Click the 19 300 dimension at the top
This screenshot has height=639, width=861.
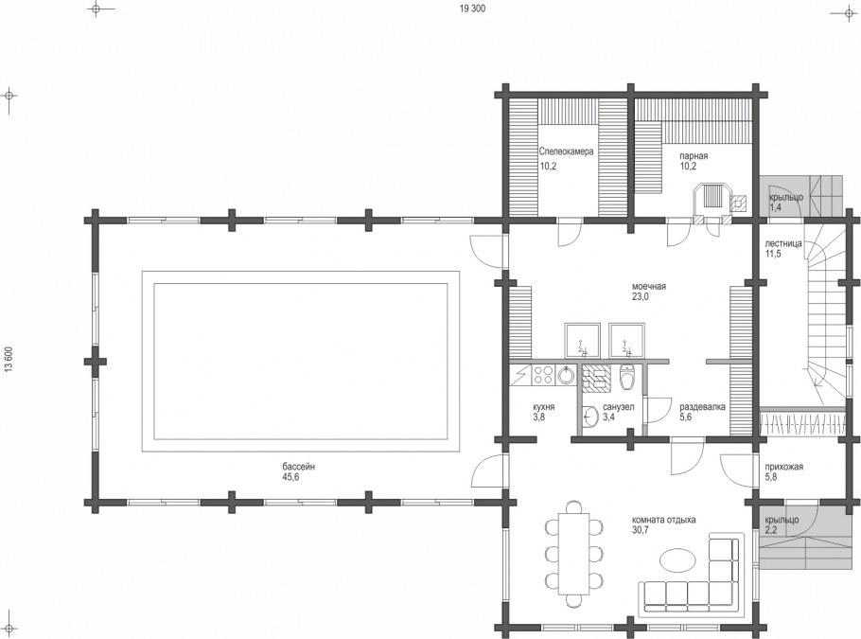(472, 9)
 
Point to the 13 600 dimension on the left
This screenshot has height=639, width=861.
(9, 361)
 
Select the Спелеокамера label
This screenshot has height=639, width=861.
(566, 151)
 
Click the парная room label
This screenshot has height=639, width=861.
(694, 155)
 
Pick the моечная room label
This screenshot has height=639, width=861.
(648, 286)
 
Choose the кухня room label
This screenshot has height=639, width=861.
(544, 407)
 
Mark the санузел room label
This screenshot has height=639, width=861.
(618, 407)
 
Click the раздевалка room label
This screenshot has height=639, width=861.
(702, 407)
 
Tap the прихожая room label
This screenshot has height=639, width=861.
(783, 467)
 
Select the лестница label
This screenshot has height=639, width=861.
(783, 243)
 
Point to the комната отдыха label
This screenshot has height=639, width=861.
(664, 519)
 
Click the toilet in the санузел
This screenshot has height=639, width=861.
(626, 377)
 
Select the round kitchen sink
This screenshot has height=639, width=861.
(566, 376)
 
